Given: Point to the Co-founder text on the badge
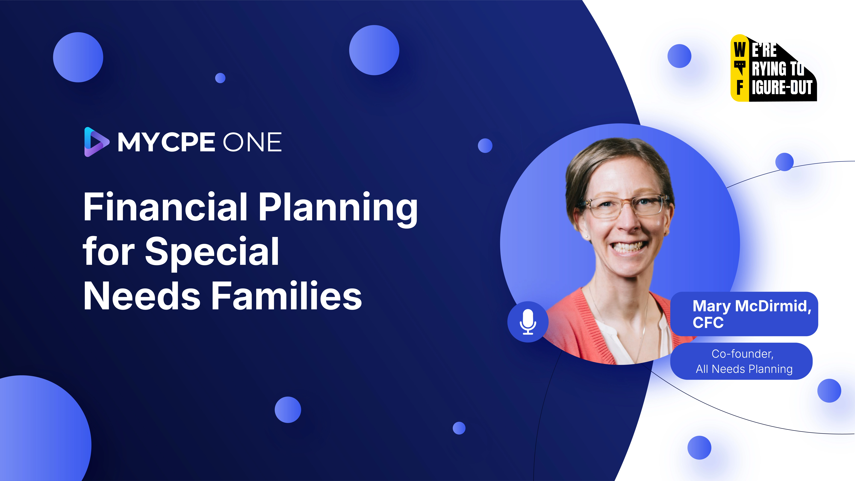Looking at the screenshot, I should [x=742, y=354].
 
